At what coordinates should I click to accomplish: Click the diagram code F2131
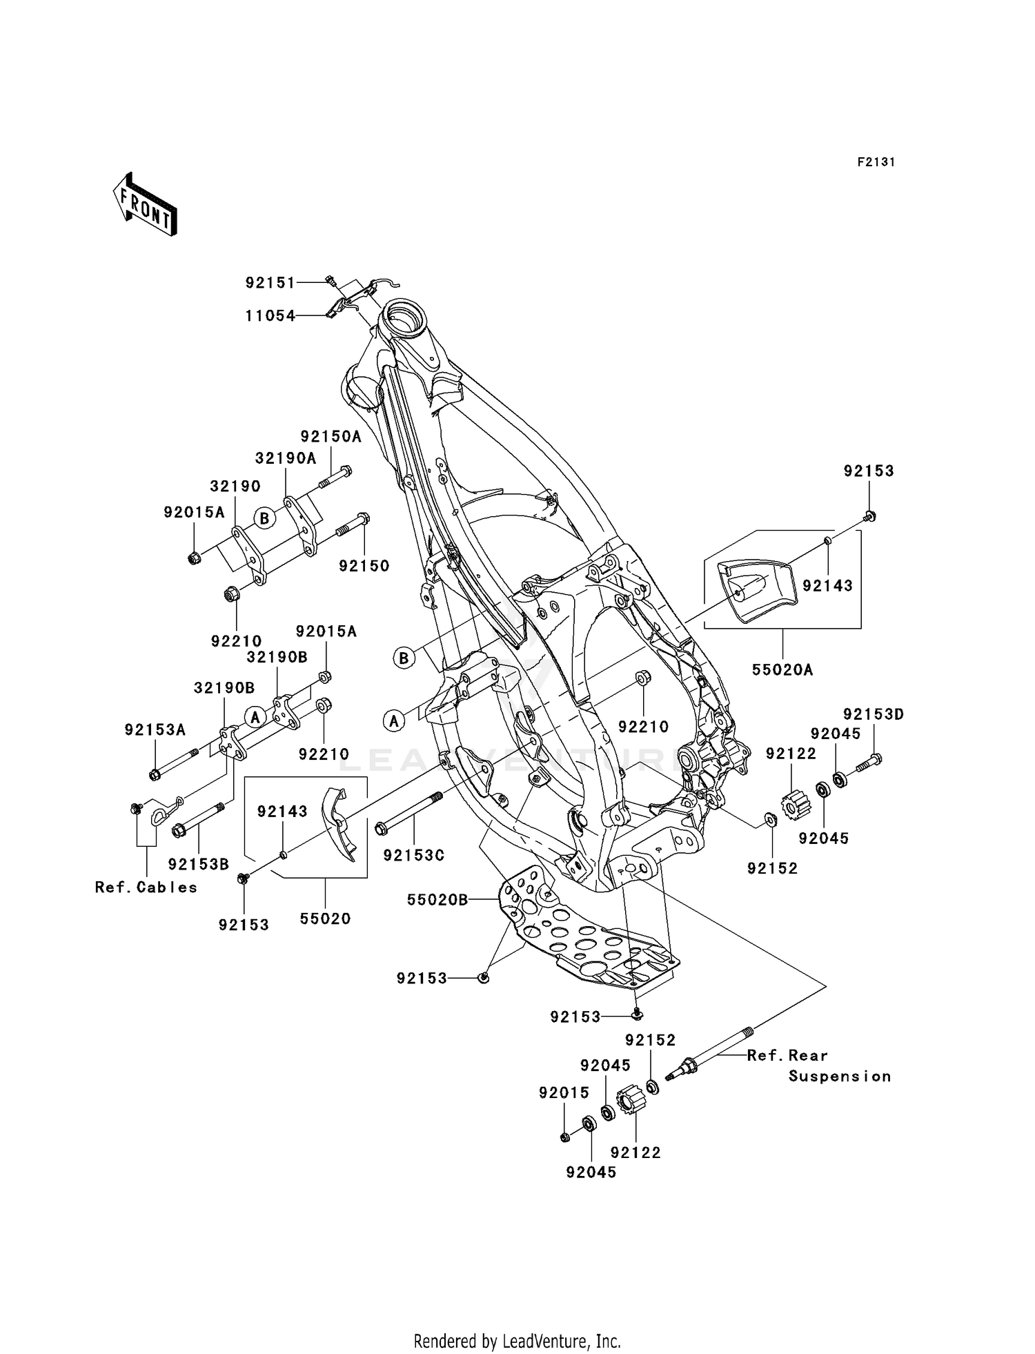click(x=876, y=162)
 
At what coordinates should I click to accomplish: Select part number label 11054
click(x=270, y=316)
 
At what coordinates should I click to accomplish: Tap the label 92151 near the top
click(x=270, y=283)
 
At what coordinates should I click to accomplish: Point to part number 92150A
click(x=331, y=437)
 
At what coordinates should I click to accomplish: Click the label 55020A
click(x=782, y=669)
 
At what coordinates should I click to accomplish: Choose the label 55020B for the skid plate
click(x=437, y=900)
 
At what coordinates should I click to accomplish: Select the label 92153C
click(x=413, y=855)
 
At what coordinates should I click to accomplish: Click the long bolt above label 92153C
click(x=409, y=816)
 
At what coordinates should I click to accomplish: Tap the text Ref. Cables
click(x=146, y=887)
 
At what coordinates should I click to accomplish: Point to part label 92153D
click(x=873, y=715)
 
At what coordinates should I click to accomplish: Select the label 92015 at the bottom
click(x=564, y=1093)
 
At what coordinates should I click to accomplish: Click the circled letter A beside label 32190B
click(x=255, y=718)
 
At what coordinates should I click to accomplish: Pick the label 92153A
click(x=155, y=730)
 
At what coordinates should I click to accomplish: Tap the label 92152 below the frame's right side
click(x=772, y=869)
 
